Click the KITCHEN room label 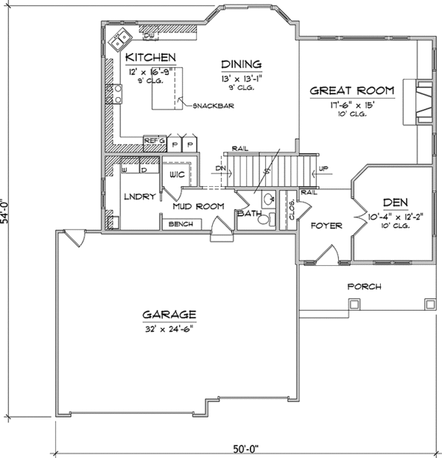point(150,57)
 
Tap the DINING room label point(240,65)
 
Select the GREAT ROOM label point(352,91)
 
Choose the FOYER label point(325,225)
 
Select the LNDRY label point(140,197)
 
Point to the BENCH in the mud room point(182,224)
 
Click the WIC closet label point(176,175)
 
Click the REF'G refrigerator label point(153,140)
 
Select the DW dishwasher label point(148,35)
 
